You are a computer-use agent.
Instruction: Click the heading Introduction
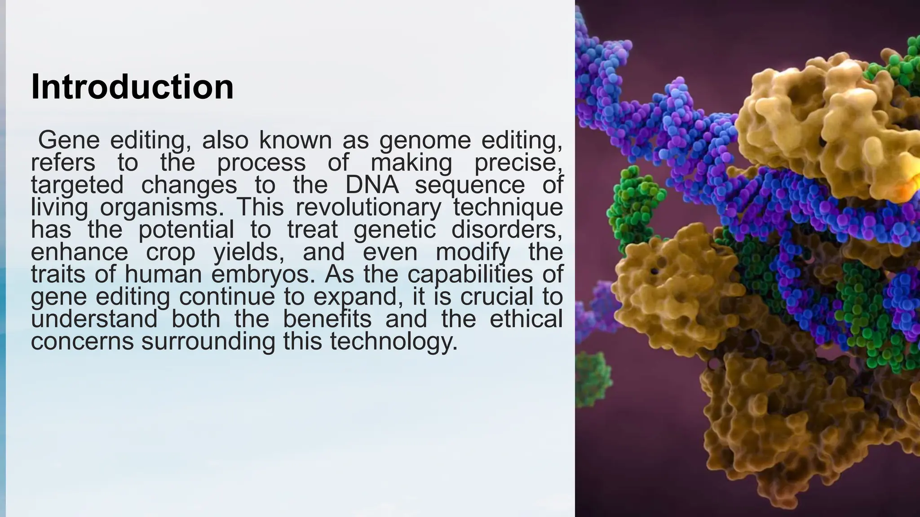(x=132, y=87)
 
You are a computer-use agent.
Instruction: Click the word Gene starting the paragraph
(x=68, y=140)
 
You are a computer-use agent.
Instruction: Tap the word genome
(x=425, y=140)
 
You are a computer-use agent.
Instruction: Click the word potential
(x=186, y=230)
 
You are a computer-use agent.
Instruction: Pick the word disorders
(x=506, y=230)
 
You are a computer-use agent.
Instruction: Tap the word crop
(x=171, y=252)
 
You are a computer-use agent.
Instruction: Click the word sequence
(x=469, y=185)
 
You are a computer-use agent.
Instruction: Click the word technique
(x=508, y=207)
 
